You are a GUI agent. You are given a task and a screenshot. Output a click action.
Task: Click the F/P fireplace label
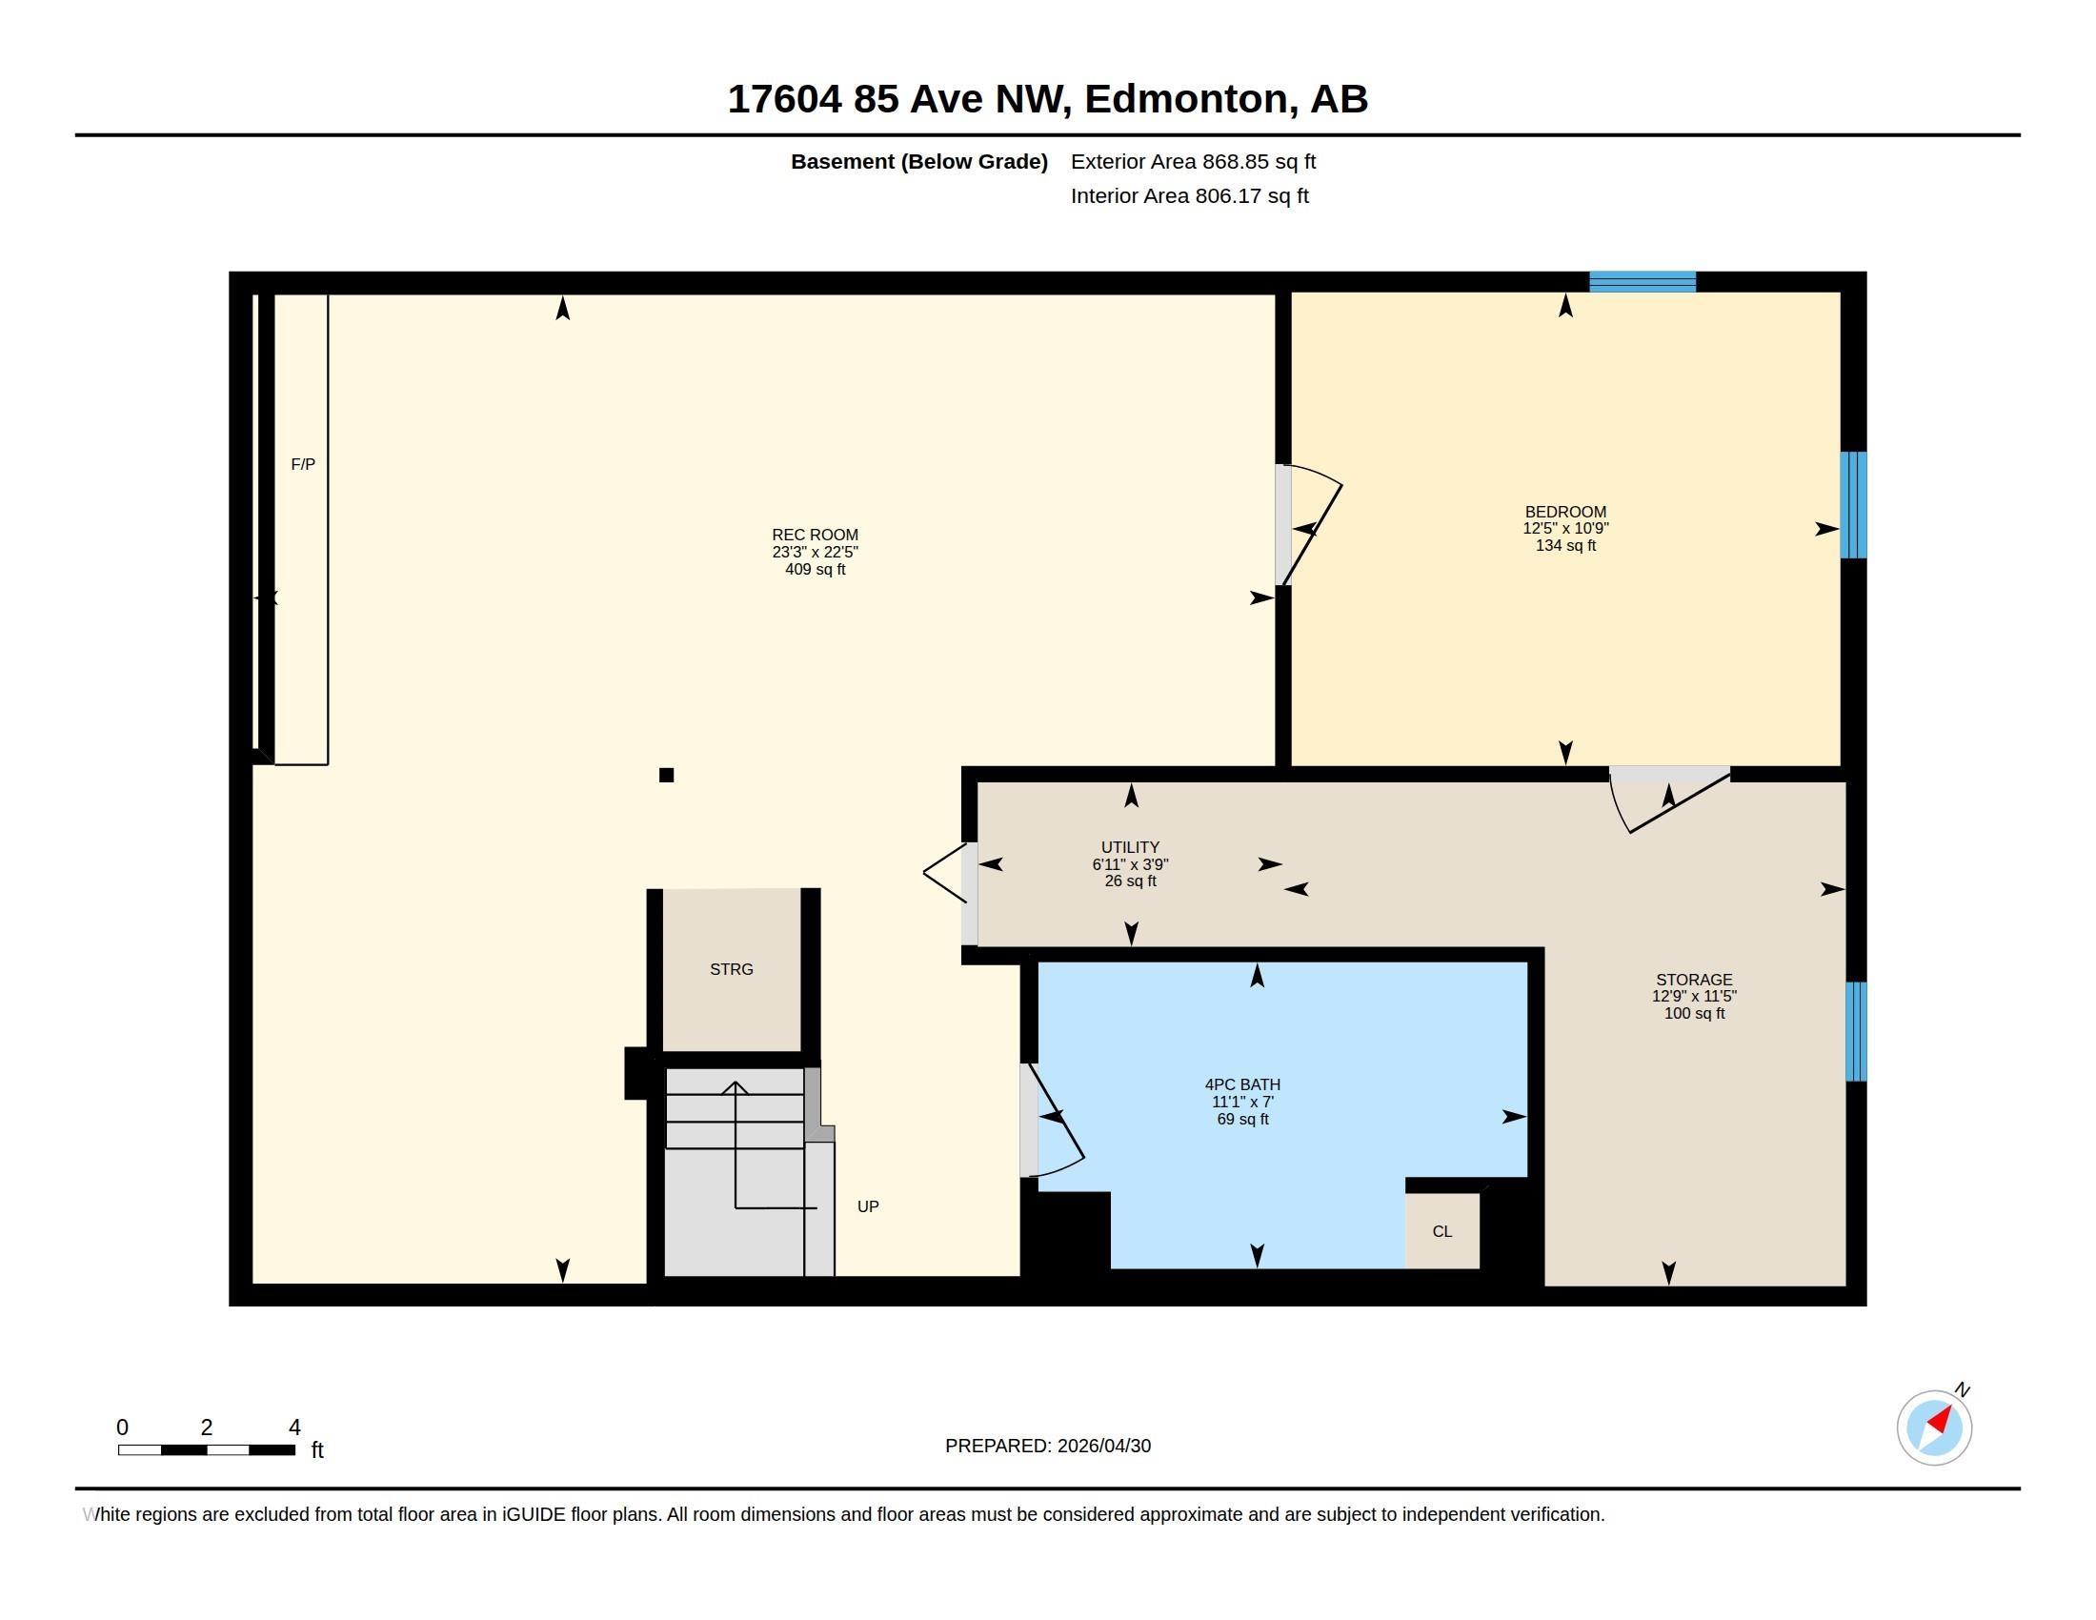pos(302,464)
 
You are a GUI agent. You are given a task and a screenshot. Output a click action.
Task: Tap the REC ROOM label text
pos(815,535)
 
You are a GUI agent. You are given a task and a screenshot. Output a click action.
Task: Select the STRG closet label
pos(732,969)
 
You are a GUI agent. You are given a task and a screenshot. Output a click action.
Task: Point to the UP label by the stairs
pos(868,1206)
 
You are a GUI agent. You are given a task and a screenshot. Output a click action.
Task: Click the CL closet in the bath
pos(1441,1231)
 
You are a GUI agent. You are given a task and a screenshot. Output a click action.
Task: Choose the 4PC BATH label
pos(1242,1084)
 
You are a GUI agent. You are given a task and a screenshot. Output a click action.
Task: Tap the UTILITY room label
pos(1131,847)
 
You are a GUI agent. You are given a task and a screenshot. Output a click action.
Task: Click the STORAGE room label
pos(1694,980)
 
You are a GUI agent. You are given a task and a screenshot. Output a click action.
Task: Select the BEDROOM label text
pos(1565,512)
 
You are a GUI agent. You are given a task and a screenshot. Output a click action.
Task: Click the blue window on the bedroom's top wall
pos(1643,281)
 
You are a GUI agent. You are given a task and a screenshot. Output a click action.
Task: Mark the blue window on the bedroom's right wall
pos(1853,505)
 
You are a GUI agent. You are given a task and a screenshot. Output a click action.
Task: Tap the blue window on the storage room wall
pos(1856,1031)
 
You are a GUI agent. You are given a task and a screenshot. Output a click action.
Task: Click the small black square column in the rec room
pos(666,775)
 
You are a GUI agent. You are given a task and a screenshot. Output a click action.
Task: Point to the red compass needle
pos(1941,1420)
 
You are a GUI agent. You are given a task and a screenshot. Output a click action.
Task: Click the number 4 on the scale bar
pos(294,1428)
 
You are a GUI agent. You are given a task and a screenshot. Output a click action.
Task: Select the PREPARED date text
pos(1048,1447)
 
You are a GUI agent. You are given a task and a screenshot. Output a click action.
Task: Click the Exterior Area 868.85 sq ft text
pos(1193,161)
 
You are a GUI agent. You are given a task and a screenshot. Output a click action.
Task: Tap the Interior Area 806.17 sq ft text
pos(1189,195)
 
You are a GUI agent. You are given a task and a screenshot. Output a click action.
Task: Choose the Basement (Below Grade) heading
pos(919,161)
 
